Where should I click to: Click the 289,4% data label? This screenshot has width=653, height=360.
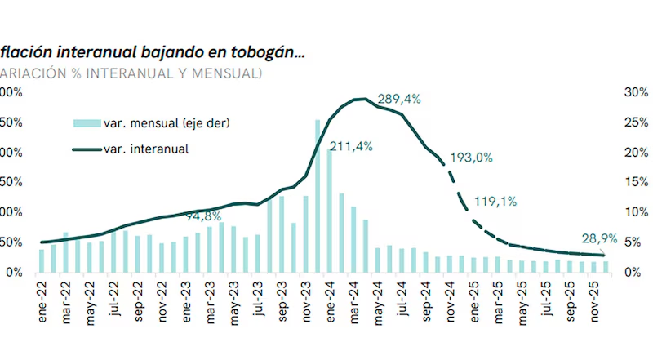[x=399, y=100]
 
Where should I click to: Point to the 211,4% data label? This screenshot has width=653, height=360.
[x=351, y=147]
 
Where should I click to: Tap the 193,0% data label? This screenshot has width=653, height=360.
[x=471, y=158]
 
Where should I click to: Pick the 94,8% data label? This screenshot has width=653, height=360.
[x=204, y=217]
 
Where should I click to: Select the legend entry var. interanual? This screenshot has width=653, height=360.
[x=147, y=149]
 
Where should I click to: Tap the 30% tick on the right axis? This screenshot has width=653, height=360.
[x=635, y=92]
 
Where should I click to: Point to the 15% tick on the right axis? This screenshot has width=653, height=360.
[x=635, y=182]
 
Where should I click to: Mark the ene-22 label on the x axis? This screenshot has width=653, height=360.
[x=42, y=301]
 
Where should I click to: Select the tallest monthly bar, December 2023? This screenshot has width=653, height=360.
[x=318, y=196]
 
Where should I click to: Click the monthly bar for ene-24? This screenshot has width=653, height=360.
[x=330, y=211]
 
